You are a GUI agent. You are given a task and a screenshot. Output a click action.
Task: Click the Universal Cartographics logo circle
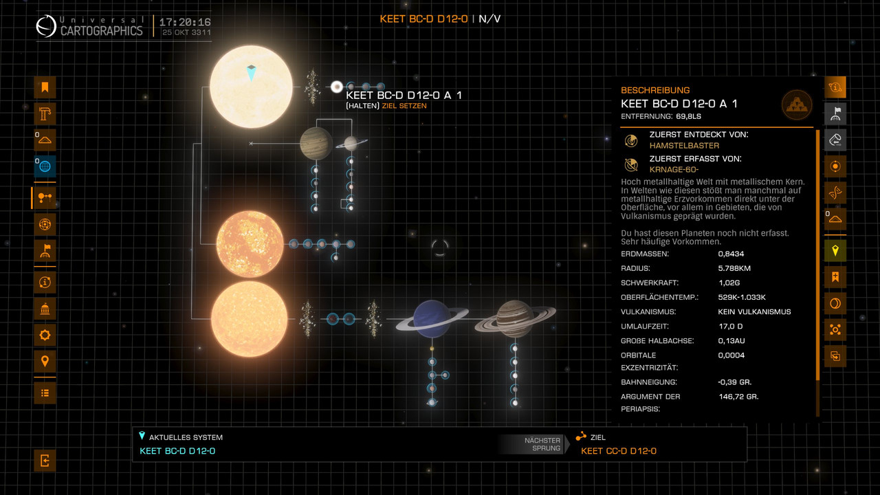pos(47,27)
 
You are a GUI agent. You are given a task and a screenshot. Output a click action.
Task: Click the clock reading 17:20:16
pos(186,22)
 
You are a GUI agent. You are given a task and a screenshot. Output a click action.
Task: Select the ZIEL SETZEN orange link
pos(404,106)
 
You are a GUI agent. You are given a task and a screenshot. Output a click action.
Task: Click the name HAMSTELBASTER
pos(684,145)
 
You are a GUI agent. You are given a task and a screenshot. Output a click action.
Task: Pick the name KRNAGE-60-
pos(674,169)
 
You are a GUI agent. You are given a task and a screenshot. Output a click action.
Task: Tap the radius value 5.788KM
pos(734,268)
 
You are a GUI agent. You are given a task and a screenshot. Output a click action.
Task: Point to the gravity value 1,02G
pos(731,283)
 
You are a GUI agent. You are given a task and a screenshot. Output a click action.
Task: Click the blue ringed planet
pos(432,318)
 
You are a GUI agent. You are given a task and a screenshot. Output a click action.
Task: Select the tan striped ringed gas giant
pos(514,318)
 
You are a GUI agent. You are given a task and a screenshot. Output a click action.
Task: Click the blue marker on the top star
pos(251,72)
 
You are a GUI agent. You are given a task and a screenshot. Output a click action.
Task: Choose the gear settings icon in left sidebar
pos(45,335)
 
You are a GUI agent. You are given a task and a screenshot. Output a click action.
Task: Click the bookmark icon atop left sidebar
pos(45,87)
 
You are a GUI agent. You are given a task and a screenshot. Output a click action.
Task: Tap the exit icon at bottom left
pos(45,461)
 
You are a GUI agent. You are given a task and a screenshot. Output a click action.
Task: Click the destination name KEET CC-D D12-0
pos(619,451)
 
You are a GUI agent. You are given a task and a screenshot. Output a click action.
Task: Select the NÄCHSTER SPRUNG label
pos(542,444)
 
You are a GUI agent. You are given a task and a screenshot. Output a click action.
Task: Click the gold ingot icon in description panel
pos(797,105)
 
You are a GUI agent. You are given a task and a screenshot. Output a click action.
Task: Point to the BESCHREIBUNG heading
pos(655,90)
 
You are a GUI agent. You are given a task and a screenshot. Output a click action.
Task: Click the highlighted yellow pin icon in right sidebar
pos(835,251)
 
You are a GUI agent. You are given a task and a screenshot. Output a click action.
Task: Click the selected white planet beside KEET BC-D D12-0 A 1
pos(337,87)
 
